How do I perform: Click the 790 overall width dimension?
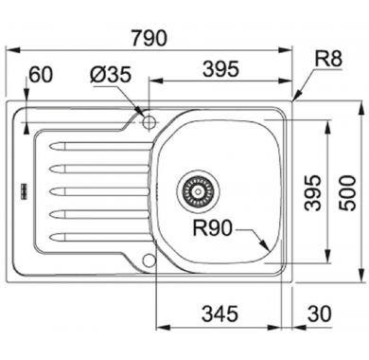click(x=149, y=38)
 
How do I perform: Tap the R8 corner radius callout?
click(x=328, y=58)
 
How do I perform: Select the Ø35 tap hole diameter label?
click(x=110, y=75)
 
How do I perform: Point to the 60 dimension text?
click(x=41, y=75)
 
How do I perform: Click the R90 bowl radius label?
click(x=212, y=228)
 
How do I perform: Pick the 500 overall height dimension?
click(x=347, y=193)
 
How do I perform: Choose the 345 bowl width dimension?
click(x=220, y=314)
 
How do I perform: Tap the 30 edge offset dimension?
click(x=320, y=314)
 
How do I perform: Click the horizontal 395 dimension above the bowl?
click(x=221, y=69)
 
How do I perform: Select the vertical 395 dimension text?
click(x=312, y=192)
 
